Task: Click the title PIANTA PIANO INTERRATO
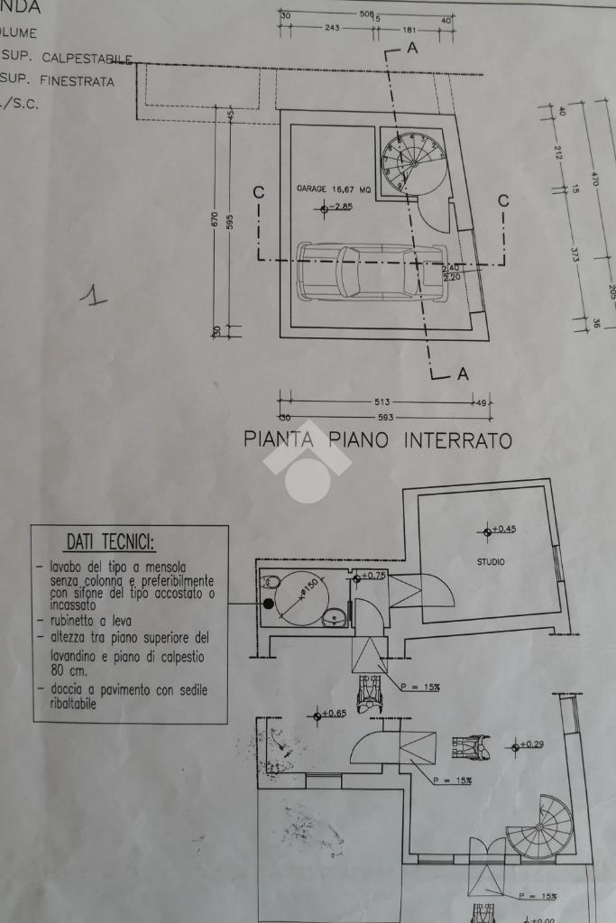(x=378, y=440)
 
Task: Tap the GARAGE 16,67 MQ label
(x=334, y=189)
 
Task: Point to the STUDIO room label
(x=491, y=562)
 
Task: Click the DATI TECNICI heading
(x=110, y=542)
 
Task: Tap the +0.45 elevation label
(x=502, y=530)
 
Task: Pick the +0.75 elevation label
(x=373, y=576)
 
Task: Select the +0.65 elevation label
(x=333, y=714)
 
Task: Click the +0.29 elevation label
(x=531, y=744)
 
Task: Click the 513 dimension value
(x=382, y=402)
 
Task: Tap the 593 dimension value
(x=382, y=417)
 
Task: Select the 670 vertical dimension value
(x=215, y=218)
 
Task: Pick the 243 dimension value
(x=331, y=28)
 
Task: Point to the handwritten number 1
(x=91, y=295)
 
